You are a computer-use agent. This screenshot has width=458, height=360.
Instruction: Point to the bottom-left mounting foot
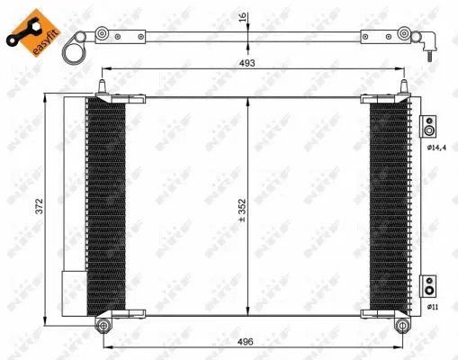pyautogui.click(x=103, y=319)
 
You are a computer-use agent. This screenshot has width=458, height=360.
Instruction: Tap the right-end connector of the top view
pyautogui.click(x=430, y=42)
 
